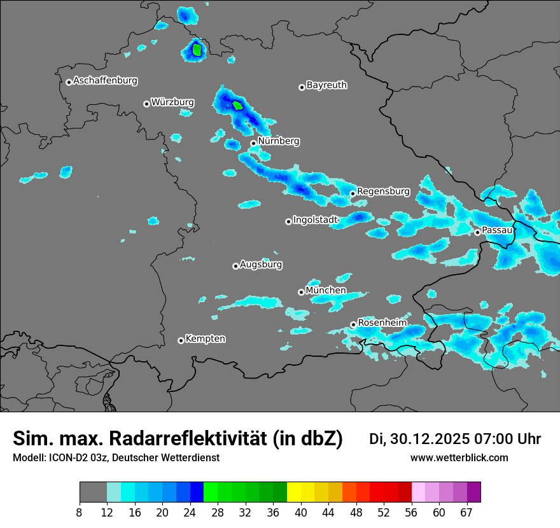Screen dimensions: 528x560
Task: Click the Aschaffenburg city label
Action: click(105, 81)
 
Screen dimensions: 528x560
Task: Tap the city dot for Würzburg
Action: click(146, 104)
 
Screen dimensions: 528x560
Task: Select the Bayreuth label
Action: click(326, 85)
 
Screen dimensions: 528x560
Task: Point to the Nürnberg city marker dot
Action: click(253, 143)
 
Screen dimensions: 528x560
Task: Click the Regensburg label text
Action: click(383, 191)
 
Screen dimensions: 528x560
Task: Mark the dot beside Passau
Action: click(477, 232)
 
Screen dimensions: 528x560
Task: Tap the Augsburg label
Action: click(261, 264)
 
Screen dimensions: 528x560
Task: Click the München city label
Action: click(326, 290)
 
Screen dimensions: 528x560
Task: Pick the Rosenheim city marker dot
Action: click(353, 325)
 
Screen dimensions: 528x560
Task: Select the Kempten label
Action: click(205, 338)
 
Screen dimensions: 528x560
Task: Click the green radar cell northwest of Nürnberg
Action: click(238, 106)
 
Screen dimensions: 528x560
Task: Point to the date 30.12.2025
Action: click(428, 439)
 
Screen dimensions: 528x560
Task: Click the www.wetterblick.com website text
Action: click(459, 457)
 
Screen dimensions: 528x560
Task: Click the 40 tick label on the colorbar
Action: click(301, 513)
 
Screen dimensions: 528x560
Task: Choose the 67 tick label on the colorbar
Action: click(466, 513)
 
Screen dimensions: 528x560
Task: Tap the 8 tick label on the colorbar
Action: click(80, 513)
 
